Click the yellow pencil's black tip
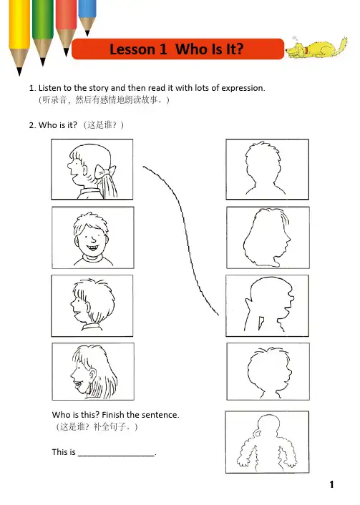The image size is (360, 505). pyautogui.click(x=19, y=72)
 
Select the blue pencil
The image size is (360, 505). pyautogui.click(x=87, y=16)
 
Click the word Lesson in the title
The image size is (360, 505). pyautogui.click(x=135, y=49)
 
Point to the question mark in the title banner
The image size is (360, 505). pyautogui.click(x=239, y=49)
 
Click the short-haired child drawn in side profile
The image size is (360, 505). pyautogui.click(x=92, y=305)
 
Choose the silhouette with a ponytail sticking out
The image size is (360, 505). pyautogui.click(x=269, y=305)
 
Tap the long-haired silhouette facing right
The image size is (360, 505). pyautogui.click(x=267, y=237)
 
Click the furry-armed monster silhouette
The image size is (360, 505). pyautogui.click(x=267, y=442)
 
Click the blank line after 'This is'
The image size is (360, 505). pyautogui.click(x=117, y=456)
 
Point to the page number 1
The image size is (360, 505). pyautogui.click(x=331, y=484)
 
